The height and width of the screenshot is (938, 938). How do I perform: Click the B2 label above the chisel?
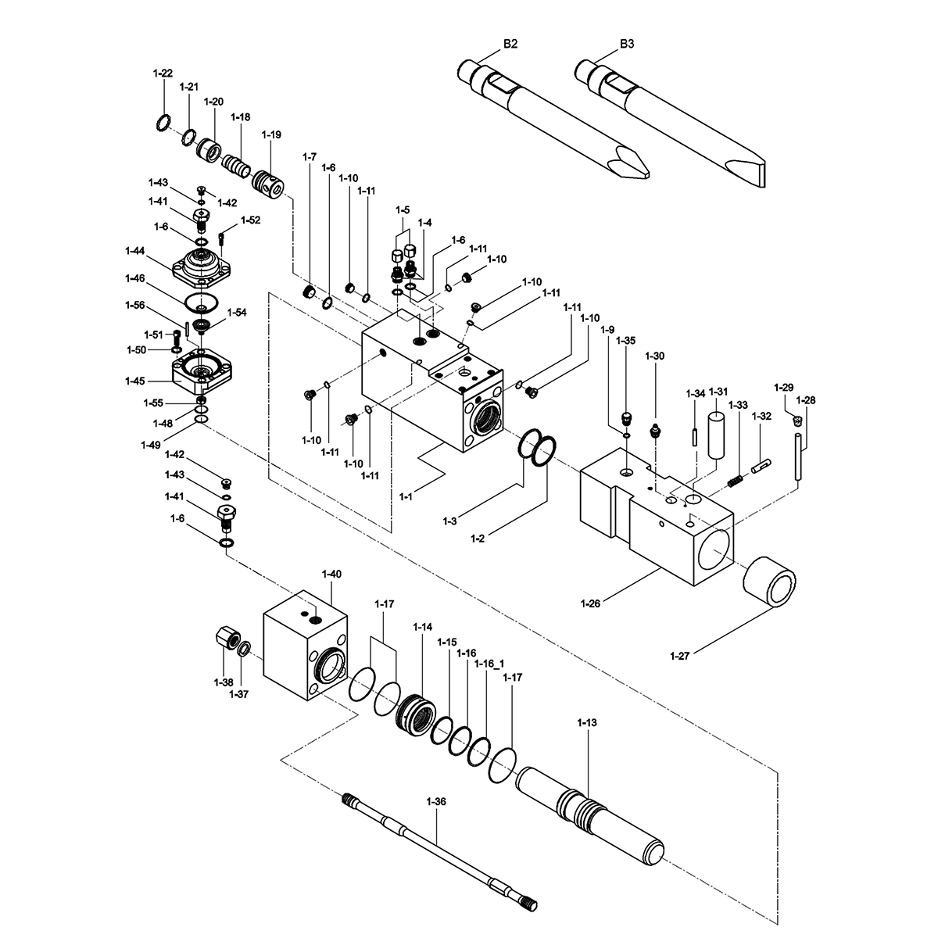510,44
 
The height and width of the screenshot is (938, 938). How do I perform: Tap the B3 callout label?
627,44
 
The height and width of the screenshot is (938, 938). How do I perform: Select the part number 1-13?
587,723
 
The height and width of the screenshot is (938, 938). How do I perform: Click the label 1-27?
679,656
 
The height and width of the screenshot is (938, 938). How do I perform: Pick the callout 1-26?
590,603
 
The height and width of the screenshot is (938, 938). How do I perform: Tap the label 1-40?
331,574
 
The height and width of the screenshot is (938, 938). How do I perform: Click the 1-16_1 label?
489,664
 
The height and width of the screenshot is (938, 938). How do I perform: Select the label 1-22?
163,73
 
